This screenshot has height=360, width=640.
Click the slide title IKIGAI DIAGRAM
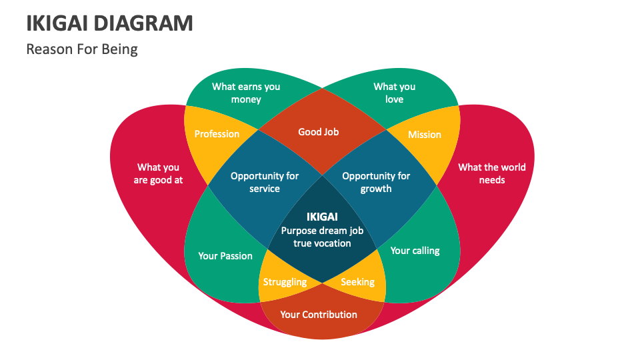pos(110,23)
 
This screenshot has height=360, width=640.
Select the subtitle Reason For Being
pos(82,49)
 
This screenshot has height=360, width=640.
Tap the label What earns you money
pos(246,93)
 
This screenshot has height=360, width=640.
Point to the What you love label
pos(394,93)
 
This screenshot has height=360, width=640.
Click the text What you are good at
pos(158,173)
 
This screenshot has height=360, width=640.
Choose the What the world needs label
pos(491,173)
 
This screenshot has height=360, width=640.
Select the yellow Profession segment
pos(217,134)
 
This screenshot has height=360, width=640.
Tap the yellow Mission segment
pos(425,134)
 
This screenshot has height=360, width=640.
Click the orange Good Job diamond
pos(319,132)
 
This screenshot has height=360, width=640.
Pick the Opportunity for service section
pos(265,182)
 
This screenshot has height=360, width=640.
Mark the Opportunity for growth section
pos(376,182)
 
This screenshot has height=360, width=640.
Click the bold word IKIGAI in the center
pos(322,217)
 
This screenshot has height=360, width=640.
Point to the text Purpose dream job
pos(322,231)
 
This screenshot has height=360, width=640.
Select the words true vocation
pos(322,243)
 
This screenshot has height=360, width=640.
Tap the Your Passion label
pos(225,256)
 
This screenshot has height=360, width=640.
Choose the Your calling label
pos(415,251)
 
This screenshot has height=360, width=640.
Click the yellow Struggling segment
pos(285,281)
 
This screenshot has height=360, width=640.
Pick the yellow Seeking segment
pos(358,282)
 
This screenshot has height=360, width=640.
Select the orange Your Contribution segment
pos(319,315)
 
